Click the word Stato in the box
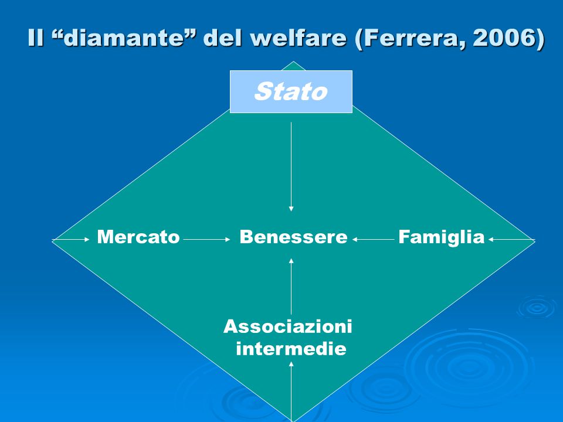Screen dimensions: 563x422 tap(291, 91)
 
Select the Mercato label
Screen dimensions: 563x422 tap(138, 237)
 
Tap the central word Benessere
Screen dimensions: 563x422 tap(293, 237)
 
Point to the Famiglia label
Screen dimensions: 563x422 tap(441, 237)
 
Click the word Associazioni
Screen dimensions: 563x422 tap(287, 326)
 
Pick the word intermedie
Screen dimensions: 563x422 tap(291, 348)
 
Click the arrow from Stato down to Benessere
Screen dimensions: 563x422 tap(291, 167)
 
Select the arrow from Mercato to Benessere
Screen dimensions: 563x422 tap(206, 239)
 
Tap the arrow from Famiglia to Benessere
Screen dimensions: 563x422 tap(374, 239)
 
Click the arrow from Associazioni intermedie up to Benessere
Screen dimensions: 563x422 tap(291, 287)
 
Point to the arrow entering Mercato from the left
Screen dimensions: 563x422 tap(71, 239)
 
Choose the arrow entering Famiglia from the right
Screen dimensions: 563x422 tap(511, 239)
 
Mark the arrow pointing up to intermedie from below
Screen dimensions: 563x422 tap(291, 391)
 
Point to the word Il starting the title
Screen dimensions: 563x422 tap(36, 38)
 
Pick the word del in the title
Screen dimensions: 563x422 tap(223, 38)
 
